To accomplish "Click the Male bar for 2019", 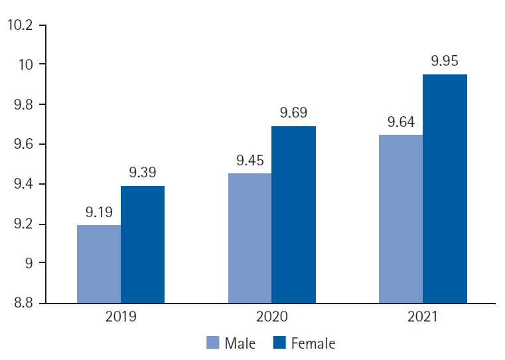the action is point(99,264).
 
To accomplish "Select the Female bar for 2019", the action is point(143,244).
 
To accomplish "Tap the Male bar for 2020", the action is point(250,238).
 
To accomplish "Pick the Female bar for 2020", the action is point(293,215).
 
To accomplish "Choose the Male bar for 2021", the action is point(401,219).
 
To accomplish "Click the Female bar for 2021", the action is point(445,189).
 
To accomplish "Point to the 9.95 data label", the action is point(445,61).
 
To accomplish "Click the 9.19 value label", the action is point(99,212).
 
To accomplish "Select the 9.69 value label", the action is point(293,112).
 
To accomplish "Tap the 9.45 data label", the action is point(250,160).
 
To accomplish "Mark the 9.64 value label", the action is point(401,122).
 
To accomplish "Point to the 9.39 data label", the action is point(143,173).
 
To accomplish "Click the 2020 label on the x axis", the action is point(272,316).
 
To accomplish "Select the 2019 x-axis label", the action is point(121,316).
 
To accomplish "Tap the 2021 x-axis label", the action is point(423,316).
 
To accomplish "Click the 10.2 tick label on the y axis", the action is point(21,25).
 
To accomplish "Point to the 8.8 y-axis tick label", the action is point(23,303).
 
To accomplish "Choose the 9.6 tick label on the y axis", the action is point(23,144).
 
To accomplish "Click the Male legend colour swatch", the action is point(212,343).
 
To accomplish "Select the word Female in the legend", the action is point(313,343).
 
